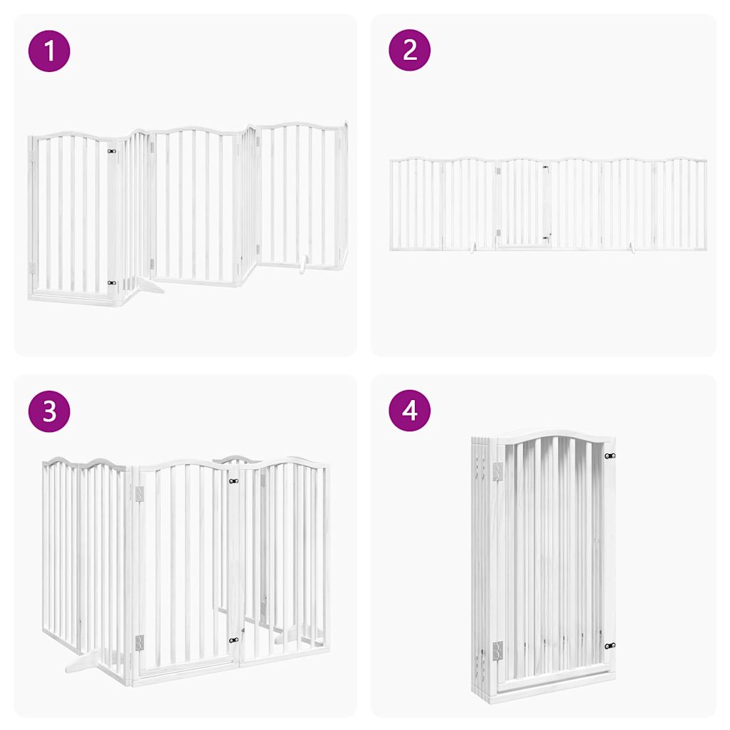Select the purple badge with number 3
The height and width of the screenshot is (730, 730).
pos(49,411)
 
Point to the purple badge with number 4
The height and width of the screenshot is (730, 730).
pos(410,411)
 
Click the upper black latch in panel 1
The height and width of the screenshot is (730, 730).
pos(111,151)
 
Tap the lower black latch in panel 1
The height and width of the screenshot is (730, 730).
pos(111,283)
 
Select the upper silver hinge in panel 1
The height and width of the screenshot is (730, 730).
pos(31,155)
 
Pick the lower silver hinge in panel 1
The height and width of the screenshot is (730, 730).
pos(31,267)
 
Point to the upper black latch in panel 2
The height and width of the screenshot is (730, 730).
pos(545,168)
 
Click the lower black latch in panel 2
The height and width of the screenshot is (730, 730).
pos(545,237)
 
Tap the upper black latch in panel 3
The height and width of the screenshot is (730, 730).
pos(233,482)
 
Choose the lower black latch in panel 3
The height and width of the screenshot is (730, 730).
pos(233,640)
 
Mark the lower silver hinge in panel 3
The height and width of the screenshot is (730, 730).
pos(139,642)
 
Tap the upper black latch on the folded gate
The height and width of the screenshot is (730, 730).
pos(610,456)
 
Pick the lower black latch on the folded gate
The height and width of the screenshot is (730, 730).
pos(610,646)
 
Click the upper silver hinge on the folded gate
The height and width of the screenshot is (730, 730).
pos(498,471)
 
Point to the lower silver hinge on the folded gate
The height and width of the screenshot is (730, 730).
pos(498,649)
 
